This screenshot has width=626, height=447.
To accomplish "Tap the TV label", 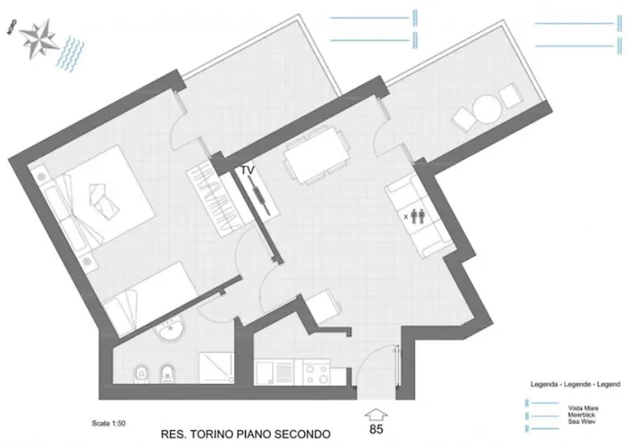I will click(247, 169).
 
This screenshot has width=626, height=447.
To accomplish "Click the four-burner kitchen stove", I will click(315, 369).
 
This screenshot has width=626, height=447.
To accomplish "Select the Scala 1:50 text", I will click(108, 423).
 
